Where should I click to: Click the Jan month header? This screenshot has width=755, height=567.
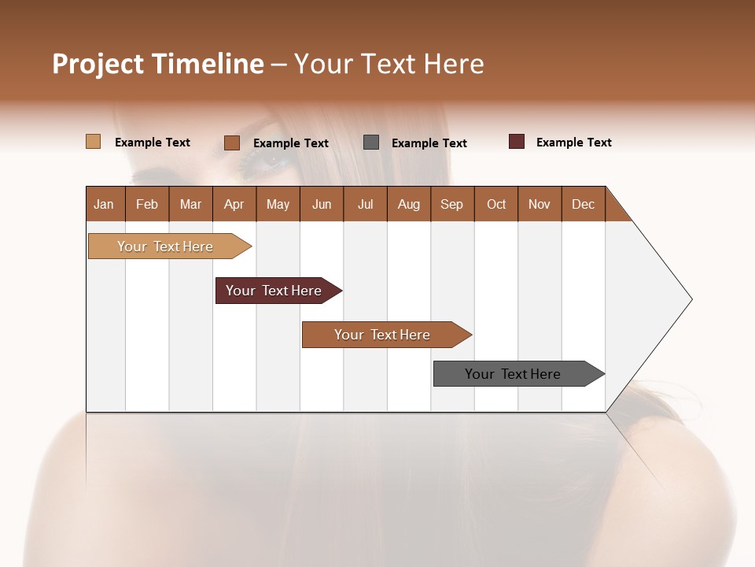pos(104,205)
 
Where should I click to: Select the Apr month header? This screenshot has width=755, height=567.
pos(234,205)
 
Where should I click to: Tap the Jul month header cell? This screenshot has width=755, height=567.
pos(365,205)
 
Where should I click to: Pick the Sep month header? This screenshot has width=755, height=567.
pos(451,205)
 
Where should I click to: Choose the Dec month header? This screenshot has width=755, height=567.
pos(583,205)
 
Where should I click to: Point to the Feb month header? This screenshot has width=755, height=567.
pos(147,205)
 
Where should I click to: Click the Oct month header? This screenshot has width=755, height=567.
pos(496,205)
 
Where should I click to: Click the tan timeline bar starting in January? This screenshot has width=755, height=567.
pos(165,246)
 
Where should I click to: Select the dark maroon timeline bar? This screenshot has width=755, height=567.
pos(274,291)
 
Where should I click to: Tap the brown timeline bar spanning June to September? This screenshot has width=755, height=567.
pos(382,335)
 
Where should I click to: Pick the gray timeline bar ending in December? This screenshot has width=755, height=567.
pos(513,374)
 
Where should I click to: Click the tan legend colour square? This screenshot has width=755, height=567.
pos(93,142)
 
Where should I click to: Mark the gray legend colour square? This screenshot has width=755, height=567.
pos(371,143)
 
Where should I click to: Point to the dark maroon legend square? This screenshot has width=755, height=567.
pos(517,142)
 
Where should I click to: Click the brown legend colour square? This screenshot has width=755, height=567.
pos(232,143)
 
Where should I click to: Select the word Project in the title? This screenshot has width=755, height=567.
pos(98,64)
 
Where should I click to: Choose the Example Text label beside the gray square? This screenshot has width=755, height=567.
pos(429,143)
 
